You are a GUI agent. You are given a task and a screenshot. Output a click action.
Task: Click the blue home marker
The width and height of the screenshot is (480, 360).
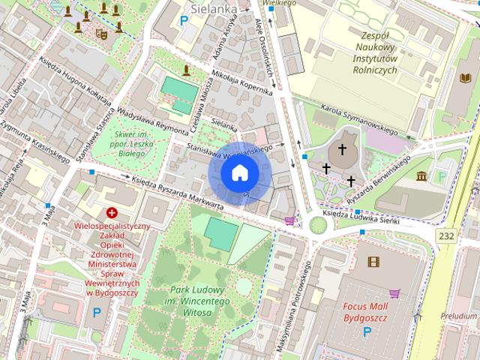coord(239,173)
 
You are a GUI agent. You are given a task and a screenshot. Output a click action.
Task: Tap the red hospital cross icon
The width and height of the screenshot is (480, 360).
coord(112,213)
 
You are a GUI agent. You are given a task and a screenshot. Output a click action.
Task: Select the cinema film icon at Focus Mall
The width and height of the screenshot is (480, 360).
coord(373,262)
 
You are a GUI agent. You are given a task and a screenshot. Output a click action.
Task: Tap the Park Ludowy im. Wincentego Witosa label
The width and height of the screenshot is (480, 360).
coord(198,301)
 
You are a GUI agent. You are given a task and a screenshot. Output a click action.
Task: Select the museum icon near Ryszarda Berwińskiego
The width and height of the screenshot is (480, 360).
coord(421,176)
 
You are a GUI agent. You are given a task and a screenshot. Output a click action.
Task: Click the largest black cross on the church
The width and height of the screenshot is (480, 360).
coord(343,149)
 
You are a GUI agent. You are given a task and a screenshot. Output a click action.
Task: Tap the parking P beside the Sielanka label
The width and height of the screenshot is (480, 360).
coord(184,20)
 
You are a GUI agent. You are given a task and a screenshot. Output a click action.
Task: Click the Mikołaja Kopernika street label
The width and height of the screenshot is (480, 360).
coord(241,83)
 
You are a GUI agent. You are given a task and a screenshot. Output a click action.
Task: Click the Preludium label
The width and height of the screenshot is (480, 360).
coord(459,316)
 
